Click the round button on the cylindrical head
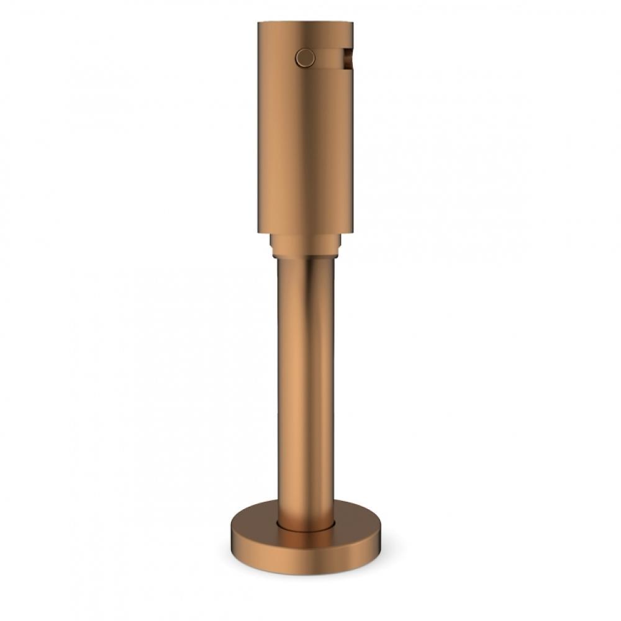click(x=305, y=58)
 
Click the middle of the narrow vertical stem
click(x=305, y=385)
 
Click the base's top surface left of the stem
click(x=255, y=522)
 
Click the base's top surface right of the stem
click(x=357, y=522)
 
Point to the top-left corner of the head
click(x=258, y=24)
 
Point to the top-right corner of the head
click(x=353, y=24)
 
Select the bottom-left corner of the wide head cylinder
click(x=258, y=232)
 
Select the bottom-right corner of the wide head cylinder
click(x=353, y=232)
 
